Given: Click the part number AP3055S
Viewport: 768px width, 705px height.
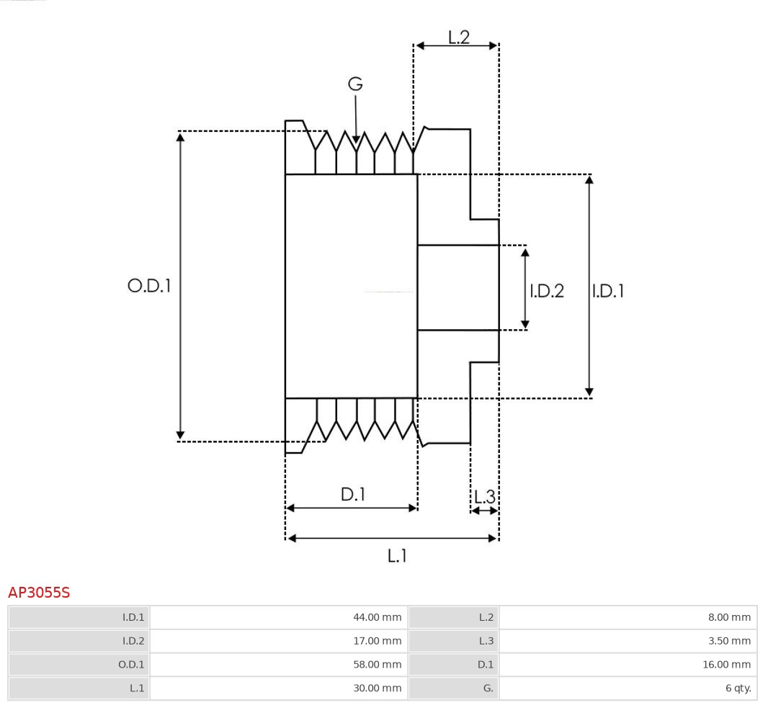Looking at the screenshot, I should click(x=39, y=593).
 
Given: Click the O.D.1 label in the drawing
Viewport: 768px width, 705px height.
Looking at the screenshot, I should click(x=149, y=286).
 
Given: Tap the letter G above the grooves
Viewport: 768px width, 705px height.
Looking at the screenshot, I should click(x=355, y=84).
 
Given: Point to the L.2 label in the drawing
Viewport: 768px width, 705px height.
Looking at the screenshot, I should click(x=459, y=37).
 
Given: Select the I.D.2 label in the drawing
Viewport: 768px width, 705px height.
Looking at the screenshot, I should click(x=547, y=291).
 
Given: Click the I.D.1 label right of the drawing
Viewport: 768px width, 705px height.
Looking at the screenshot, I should click(x=608, y=291).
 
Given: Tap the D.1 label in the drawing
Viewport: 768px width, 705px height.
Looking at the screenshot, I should click(x=353, y=495).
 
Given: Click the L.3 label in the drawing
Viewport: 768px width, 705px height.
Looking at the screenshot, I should click(x=484, y=497).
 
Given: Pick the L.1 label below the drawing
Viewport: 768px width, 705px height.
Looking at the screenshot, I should click(x=398, y=555).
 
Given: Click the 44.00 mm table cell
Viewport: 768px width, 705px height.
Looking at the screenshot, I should click(x=377, y=617).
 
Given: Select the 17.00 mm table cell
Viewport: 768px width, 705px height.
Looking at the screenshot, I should click(x=377, y=641).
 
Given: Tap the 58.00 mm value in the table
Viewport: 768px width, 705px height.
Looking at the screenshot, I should click(x=377, y=665).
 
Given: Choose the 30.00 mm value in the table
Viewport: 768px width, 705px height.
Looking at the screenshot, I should click(x=377, y=688).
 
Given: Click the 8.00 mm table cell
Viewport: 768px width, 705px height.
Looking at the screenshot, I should click(x=729, y=617).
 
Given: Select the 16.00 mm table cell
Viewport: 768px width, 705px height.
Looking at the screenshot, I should click(x=726, y=665).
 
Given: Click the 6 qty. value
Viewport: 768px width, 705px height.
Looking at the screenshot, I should click(x=738, y=688).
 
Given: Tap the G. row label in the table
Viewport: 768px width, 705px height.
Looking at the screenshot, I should click(x=488, y=688).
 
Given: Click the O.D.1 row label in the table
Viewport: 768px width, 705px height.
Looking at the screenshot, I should click(x=131, y=665).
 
